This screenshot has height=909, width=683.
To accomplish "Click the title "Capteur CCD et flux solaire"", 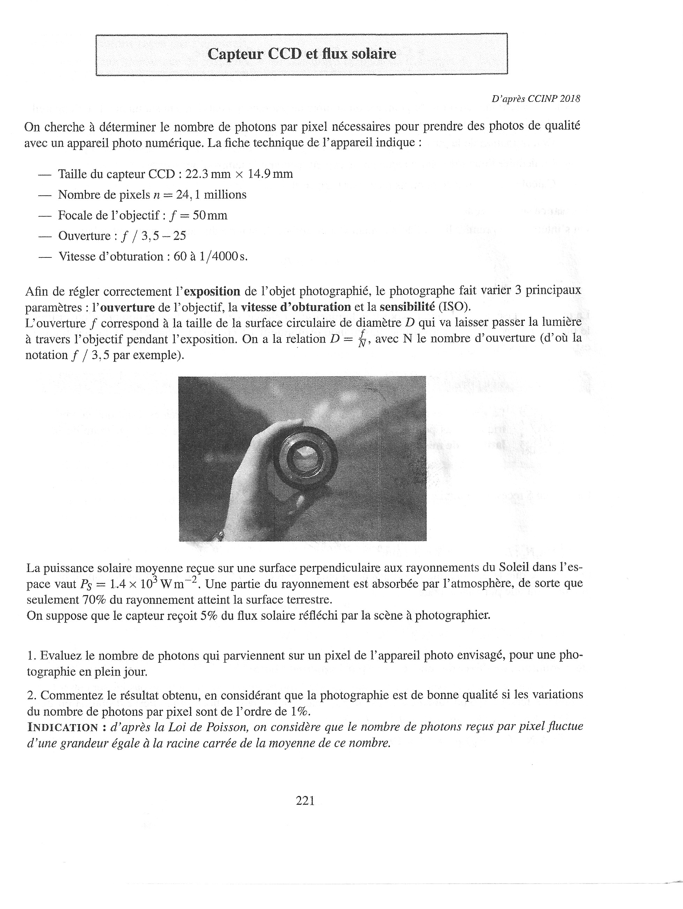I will (302, 54).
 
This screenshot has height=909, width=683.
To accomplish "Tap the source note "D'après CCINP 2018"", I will (535, 99).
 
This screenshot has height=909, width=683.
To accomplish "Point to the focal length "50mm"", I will (210, 215).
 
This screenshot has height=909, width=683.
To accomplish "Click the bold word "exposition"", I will (212, 291).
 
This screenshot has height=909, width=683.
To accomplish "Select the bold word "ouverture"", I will (127, 307).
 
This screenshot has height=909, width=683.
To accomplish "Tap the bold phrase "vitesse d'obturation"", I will (296, 307).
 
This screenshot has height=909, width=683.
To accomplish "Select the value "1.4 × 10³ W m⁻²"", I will (152, 584).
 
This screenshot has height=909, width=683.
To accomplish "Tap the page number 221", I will (305, 801).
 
